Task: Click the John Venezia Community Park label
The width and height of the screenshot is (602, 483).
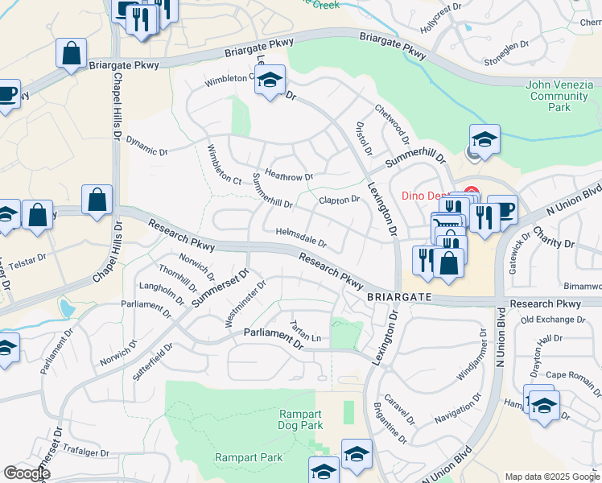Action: pyautogui.click(x=559, y=96)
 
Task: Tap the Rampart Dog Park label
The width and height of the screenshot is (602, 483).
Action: pyautogui.click(x=300, y=419)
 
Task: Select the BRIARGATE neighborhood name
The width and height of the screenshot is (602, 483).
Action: pyautogui.click(x=400, y=297)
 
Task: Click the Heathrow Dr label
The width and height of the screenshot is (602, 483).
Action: pyautogui.click(x=288, y=175)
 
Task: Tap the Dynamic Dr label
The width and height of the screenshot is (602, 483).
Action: pyautogui.click(x=146, y=145)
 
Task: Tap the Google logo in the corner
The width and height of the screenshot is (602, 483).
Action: pyautogui.click(x=26, y=473)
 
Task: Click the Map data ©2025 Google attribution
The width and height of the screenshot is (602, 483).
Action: pyautogui.click(x=551, y=477)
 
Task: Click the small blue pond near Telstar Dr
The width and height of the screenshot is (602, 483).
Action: pyautogui.click(x=67, y=308)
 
